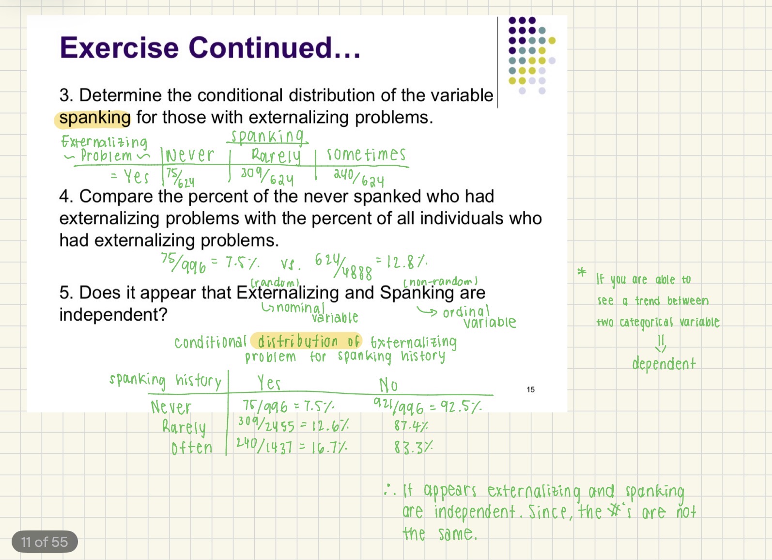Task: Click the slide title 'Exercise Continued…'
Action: (x=210, y=48)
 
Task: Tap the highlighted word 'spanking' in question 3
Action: (x=94, y=118)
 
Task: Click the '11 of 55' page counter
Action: (x=45, y=542)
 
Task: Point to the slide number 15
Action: (x=530, y=389)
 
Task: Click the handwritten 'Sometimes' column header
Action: (x=366, y=155)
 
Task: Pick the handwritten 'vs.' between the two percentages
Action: (x=290, y=264)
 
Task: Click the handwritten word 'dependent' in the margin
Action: (x=664, y=364)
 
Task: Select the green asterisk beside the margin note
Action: (x=582, y=272)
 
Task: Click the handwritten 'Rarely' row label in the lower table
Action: (x=184, y=427)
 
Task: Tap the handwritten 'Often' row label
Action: (x=192, y=448)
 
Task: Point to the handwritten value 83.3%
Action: (x=413, y=447)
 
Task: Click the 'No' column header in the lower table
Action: (x=388, y=385)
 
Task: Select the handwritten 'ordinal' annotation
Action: (x=466, y=311)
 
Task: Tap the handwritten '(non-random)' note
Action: (x=440, y=281)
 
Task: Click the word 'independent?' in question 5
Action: (x=113, y=315)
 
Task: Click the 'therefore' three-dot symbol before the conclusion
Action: (x=390, y=490)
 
